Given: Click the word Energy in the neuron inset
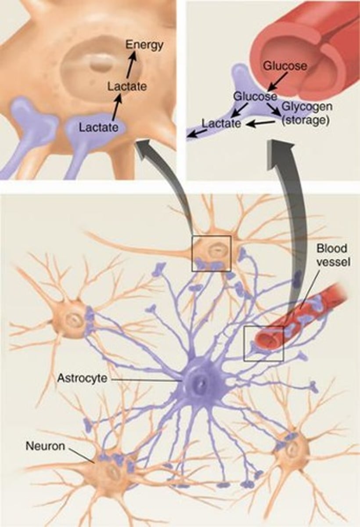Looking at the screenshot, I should click(x=144, y=44).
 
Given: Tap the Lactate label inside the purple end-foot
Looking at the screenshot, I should click(x=99, y=128).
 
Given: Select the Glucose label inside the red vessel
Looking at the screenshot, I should click(x=285, y=66).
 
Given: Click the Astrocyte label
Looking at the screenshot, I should click(x=82, y=378).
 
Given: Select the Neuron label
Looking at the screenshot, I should click(x=45, y=447).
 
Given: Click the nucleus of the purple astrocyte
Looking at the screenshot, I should click(x=200, y=385).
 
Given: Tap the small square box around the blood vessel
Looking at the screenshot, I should click(x=263, y=343).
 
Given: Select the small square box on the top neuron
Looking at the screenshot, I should click(x=211, y=253).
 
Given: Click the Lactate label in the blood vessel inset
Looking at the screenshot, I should click(x=221, y=123).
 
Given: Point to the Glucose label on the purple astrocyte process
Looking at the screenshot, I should click(x=255, y=96).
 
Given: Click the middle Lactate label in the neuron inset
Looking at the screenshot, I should click(x=126, y=87).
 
